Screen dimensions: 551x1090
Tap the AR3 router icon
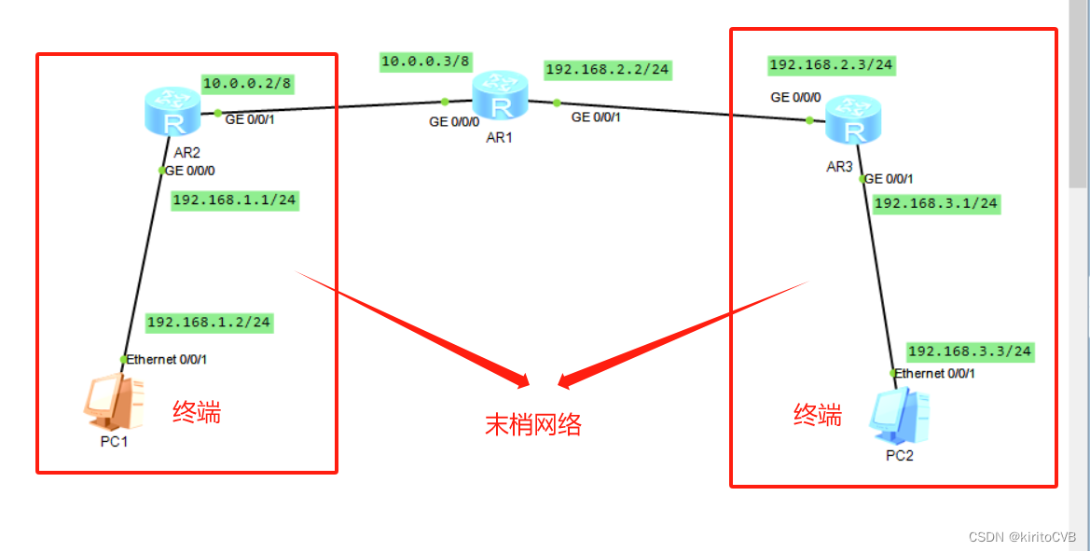(851, 121)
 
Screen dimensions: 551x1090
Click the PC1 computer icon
(111, 402)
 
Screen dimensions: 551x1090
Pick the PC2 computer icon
(900, 418)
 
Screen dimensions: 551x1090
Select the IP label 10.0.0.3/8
(426, 62)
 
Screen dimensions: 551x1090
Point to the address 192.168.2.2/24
(607, 69)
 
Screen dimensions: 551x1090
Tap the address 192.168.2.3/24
(831, 64)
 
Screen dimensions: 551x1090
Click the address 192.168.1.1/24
(235, 200)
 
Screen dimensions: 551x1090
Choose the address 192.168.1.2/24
(209, 322)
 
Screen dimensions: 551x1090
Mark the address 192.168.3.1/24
(935, 203)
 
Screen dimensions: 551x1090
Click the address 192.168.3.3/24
(970, 351)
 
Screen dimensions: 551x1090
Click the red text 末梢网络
(533, 425)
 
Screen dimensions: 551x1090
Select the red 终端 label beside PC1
(197, 412)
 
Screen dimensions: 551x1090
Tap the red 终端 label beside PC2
(817, 416)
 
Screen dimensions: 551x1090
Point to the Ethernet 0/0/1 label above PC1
(167, 359)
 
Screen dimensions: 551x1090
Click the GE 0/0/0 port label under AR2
(191, 170)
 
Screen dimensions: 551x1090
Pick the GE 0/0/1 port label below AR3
(889, 179)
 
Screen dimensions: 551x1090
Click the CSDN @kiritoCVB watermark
(1022, 538)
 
